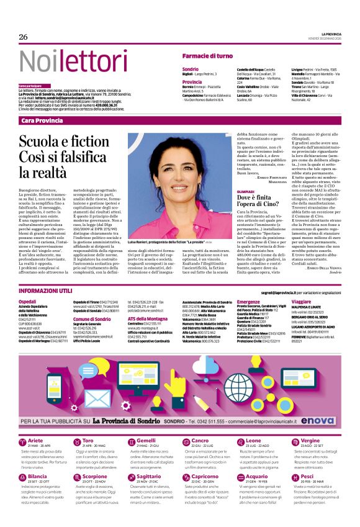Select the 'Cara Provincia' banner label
(42, 120)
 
